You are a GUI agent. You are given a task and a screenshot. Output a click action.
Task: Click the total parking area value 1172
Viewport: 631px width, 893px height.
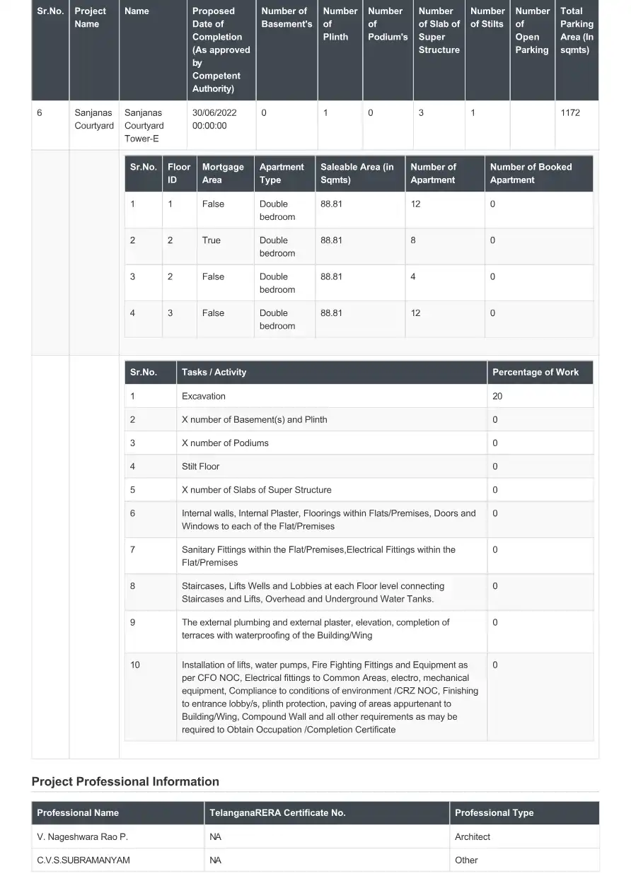[x=569, y=112]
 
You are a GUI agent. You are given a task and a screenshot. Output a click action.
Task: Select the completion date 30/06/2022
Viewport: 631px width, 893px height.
[x=214, y=112]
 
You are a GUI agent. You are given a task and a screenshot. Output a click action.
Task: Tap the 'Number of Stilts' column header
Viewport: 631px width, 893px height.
[x=487, y=18]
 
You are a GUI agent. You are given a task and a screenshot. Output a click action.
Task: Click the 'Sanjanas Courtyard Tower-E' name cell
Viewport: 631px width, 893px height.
[x=144, y=125]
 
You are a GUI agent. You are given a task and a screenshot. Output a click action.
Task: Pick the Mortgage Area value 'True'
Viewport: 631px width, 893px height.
[x=211, y=240]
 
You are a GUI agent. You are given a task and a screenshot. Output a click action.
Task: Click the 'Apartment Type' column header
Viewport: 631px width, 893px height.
[x=282, y=173]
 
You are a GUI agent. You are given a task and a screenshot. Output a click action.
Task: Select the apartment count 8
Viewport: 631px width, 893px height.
[x=413, y=240]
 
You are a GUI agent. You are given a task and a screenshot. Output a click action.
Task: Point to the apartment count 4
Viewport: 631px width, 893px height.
[x=413, y=276]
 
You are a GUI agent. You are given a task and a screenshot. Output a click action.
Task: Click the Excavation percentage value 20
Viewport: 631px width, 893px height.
[x=497, y=396]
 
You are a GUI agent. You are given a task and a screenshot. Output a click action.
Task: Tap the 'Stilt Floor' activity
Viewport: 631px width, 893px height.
[x=200, y=467]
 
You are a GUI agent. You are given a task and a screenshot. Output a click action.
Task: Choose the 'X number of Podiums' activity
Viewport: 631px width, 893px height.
[x=225, y=443]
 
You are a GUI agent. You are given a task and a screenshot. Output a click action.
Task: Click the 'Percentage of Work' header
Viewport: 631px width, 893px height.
[x=535, y=372]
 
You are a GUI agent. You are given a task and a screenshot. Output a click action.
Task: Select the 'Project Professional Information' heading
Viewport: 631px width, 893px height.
[x=125, y=781]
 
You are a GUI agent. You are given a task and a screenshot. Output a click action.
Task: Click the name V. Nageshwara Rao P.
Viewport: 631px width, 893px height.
[x=82, y=836]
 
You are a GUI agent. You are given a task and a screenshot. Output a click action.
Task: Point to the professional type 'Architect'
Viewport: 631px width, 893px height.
[x=472, y=836]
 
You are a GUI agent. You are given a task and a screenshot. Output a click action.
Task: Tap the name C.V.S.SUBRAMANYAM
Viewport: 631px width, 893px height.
[x=83, y=860]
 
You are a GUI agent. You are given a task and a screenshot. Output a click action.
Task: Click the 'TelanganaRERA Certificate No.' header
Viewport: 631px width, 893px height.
[x=277, y=813]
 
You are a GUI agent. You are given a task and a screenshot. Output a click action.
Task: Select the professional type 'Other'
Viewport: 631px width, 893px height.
[x=466, y=860]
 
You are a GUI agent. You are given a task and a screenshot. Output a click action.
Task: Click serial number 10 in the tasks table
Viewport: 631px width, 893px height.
[x=135, y=665]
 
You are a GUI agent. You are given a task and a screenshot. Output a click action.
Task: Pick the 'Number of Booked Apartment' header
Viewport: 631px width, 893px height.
[x=531, y=173]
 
